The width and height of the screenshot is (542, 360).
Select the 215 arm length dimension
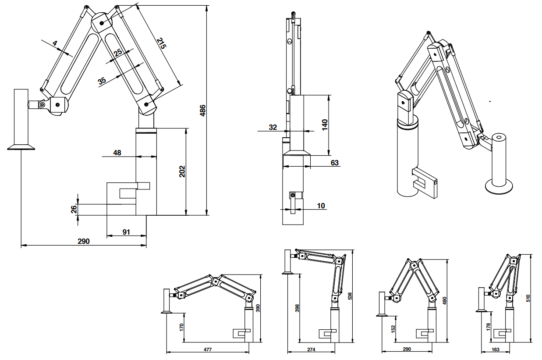pyautogui.click(x=161, y=43)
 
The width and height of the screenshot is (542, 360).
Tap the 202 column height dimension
pyautogui.click(x=182, y=171)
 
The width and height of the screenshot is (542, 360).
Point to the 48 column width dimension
pyautogui.click(x=117, y=153)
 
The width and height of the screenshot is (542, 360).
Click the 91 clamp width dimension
pyautogui.click(x=126, y=232)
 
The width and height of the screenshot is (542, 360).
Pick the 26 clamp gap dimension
pyautogui.click(x=74, y=210)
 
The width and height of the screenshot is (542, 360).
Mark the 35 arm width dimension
pyautogui.click(x=102, y=81)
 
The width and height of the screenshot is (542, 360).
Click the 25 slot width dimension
pyautogui.click(x=118, y=53)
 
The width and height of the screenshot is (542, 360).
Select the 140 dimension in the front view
pyautogui.click(x=325, y=124)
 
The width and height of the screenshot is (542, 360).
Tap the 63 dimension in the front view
pyautogui.click(x=335, y=163)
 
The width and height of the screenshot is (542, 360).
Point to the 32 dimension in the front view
pyautogui.click(x=273, y=127)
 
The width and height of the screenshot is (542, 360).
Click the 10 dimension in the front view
pyautogui.click(x=322, y=206)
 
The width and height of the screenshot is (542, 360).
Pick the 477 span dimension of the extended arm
pyautogui.click(x=207, y=349)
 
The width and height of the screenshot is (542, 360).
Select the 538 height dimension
pyautogui.click(x=350, y=296)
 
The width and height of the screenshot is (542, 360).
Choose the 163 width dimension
pyautogui.click(x=496, y=349)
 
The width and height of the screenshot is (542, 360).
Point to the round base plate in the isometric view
pyautogui.click(x=499, y=186)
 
